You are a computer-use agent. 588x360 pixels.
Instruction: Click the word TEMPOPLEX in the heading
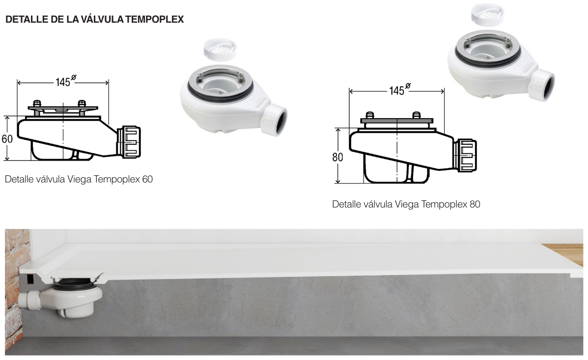pos(154,19)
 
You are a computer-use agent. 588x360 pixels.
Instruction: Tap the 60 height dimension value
pos(7,139)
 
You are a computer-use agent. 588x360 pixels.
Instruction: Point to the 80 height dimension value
pos(337,157)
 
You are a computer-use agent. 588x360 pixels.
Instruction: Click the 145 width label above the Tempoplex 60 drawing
pos(62,82)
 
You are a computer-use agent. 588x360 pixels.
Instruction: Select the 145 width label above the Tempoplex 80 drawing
pos(396,90)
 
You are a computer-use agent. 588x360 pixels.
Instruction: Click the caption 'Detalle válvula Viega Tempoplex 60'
pos(79,179)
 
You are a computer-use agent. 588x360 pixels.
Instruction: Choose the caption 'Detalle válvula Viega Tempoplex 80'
pos(406,204)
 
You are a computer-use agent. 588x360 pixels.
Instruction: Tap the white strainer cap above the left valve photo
pos(220,48)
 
